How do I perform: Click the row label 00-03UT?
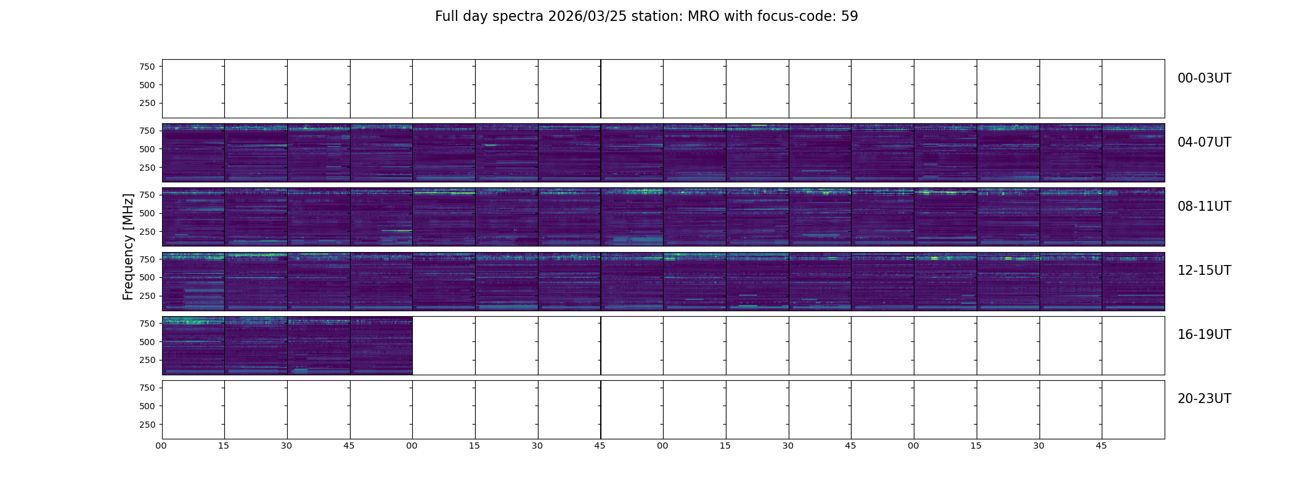[x=1204, y=78]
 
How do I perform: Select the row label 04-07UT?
[x=1204, y=142]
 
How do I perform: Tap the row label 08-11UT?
[x=1204, y=206]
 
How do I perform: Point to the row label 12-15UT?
[x=1204, y=271]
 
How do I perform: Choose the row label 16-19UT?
[x=1204, y=335]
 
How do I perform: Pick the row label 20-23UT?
[x=1204, y=399]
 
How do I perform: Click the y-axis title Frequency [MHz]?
[x=128, y=247]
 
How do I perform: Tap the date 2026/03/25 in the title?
[x=587, y=16]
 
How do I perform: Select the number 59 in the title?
[x=850, y=16]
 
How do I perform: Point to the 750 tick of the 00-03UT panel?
[x=147, y=67]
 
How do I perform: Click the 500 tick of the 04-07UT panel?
[x=147, y=149]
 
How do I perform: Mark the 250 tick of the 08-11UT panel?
[x=147, y=232]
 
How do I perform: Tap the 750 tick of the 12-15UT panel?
[x=147, y=259]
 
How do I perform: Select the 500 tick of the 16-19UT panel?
[x=147, y=342]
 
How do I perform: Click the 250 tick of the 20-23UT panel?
[x=147, y=425]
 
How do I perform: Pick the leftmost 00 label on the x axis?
[x=161, y=446]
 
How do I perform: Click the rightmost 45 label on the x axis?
[x=1101, y=446]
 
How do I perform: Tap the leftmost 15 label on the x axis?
[x=224, y=446]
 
